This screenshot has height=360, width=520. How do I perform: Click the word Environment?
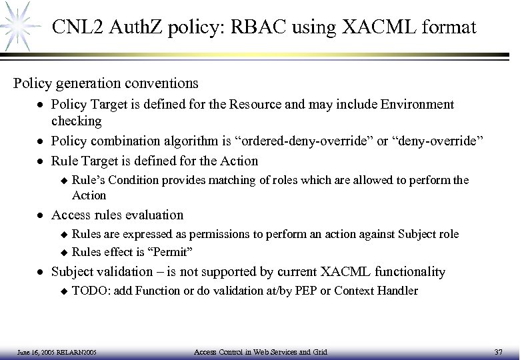418,105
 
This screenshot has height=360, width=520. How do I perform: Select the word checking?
76,121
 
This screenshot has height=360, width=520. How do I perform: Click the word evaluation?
151,215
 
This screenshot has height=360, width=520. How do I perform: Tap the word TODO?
87,290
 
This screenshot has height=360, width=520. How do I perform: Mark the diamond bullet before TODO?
63,291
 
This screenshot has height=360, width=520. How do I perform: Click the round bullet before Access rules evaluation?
41,215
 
